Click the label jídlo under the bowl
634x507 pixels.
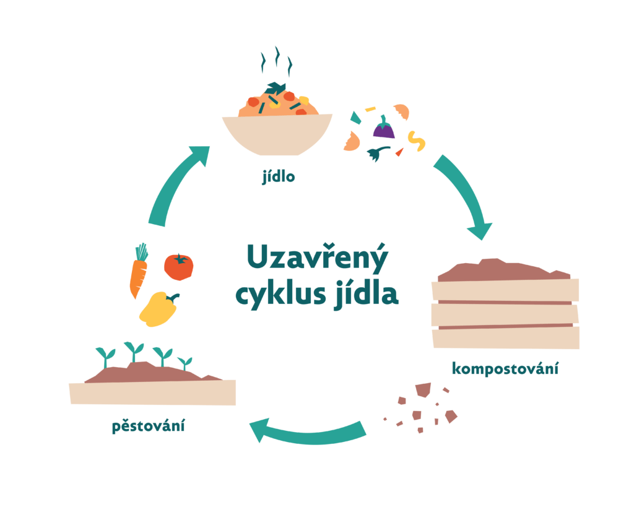[279, 178]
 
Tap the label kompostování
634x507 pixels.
[505, 370]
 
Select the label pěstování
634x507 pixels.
[149, 427]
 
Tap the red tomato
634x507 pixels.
[178, 267]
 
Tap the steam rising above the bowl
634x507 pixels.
[276, 61]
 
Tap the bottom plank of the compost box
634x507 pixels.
[505, 337]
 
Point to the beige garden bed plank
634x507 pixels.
[152, 392]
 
